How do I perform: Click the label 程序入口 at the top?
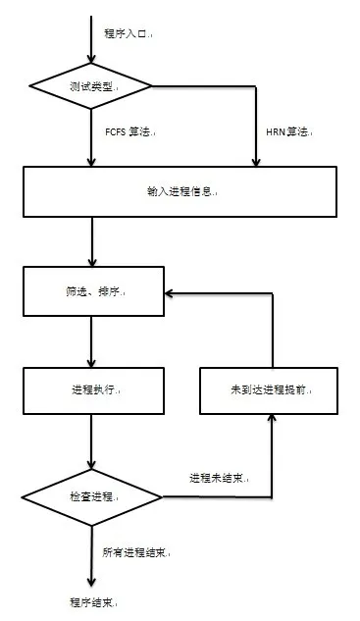click(x=128, y=33)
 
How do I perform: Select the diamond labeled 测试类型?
click(x=91, y=86)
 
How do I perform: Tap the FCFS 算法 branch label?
click(x=128, y=131)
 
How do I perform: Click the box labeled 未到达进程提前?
click(x=270, y=390)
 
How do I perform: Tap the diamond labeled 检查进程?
click(x=91, y=496)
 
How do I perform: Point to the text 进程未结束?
click(x=219, y=479)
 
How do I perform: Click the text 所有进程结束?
click(x=136, y=552)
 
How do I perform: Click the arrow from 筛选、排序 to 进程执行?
click(x=91, y=342)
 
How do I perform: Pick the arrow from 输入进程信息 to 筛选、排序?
click(x=91, y=240)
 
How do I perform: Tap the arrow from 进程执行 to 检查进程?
click(x=91, y=442)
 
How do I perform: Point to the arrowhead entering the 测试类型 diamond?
click(x=91, y=55)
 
